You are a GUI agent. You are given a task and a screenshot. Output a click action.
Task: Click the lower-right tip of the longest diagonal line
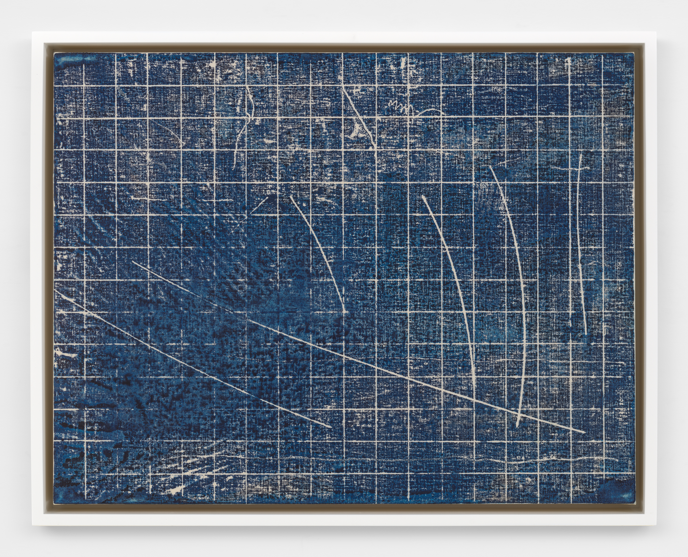584,433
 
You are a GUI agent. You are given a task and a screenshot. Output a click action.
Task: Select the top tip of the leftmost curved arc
291,196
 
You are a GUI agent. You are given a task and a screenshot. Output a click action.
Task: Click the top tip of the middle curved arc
423,196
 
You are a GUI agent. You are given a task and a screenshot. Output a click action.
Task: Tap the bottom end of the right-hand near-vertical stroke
585,334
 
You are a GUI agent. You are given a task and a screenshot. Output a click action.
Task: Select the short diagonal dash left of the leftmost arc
260,205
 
